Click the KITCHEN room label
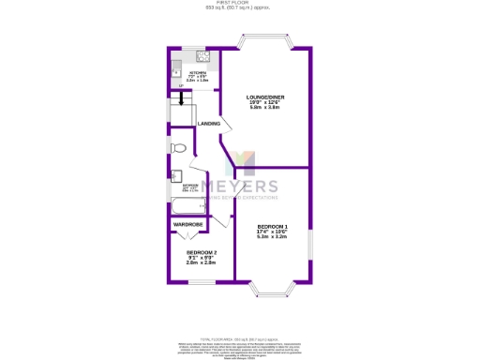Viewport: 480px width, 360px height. (x=197, y=72)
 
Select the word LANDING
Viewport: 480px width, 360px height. (x=208, y=124)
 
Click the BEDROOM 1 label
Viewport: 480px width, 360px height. (x=272, y=227)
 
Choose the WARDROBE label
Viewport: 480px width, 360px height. (x=187, y=225)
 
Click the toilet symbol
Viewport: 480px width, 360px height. (x=178, y=148)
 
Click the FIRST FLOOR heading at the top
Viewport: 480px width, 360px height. (x=240, y=3)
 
